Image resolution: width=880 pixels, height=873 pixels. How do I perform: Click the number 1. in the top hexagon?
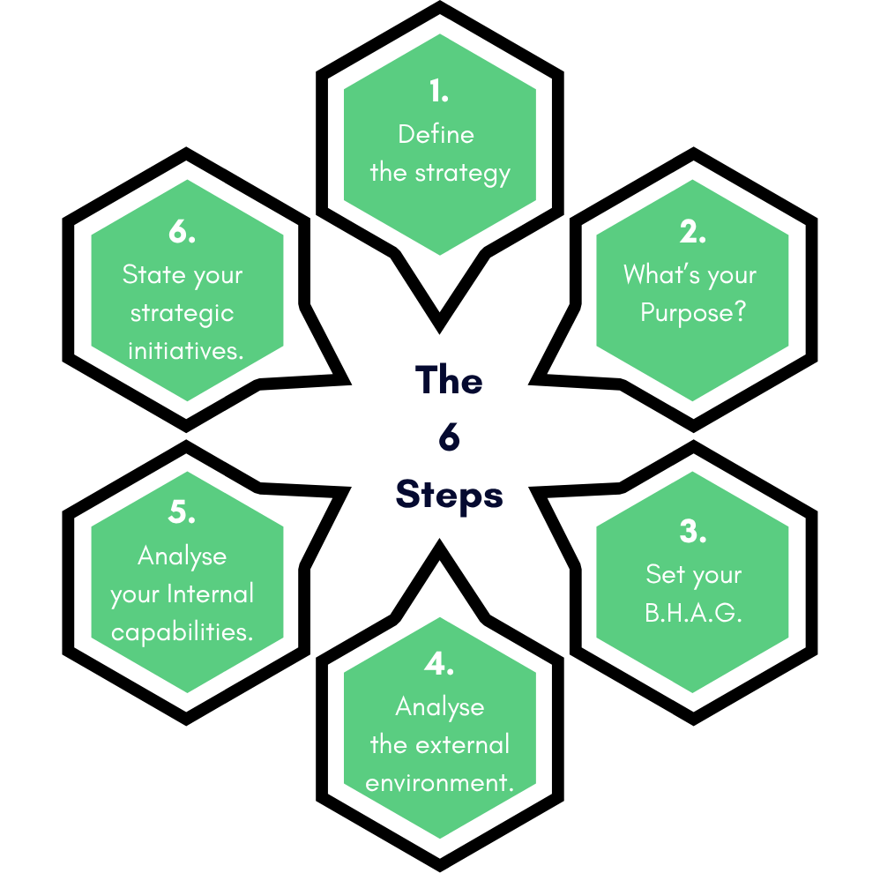tap(439, 91)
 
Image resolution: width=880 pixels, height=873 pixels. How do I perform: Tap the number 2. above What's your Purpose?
tap(693, 232)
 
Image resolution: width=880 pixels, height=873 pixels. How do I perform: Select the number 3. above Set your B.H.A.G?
tap(693, 532)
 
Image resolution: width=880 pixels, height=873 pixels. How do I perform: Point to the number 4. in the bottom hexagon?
tap(439, 664)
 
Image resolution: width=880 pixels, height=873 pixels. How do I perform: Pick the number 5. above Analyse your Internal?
tap(182, 512)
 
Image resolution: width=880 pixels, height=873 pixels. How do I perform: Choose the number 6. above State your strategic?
tap(182, 232)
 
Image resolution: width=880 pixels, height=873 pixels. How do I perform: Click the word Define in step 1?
tap(436, 134)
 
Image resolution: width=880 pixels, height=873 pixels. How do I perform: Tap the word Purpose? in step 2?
tap(693, 313)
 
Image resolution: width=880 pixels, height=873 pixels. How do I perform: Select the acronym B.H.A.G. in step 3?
tap(693, 613)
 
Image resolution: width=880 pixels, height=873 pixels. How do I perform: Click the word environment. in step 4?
tap(439, 783)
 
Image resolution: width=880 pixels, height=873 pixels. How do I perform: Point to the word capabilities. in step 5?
tap(182, 632)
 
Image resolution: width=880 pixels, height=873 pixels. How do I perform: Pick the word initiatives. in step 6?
tap(185, 351)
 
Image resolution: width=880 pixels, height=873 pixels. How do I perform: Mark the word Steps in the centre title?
tap(449, 495)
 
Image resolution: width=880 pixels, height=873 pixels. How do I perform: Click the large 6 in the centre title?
tap(449, 437)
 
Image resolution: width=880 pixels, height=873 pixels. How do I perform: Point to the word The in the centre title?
tap(449, 380)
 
